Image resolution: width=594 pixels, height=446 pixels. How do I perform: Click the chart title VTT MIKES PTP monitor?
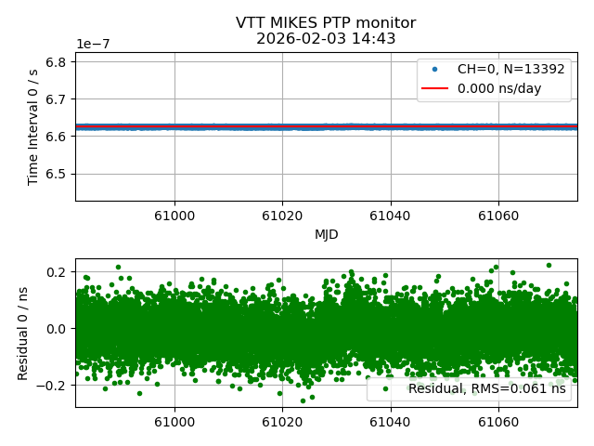[x=326, y=23]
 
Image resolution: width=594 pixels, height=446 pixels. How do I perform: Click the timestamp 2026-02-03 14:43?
[x=326, y=39]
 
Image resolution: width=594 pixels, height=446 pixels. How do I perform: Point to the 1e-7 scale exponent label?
[x=95, y=45]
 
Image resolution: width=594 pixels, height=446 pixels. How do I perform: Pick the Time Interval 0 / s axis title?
[x=33, y=126]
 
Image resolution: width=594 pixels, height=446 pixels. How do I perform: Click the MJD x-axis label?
[x=326, y=234]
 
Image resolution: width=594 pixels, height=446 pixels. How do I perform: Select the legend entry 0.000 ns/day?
[x=499, y=89]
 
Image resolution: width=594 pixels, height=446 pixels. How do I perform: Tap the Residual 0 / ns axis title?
[x=24, y=333]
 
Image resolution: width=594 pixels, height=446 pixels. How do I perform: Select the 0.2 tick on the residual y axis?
[x=58, y=272]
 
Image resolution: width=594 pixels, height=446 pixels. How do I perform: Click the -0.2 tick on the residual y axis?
[x=54, y=385]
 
